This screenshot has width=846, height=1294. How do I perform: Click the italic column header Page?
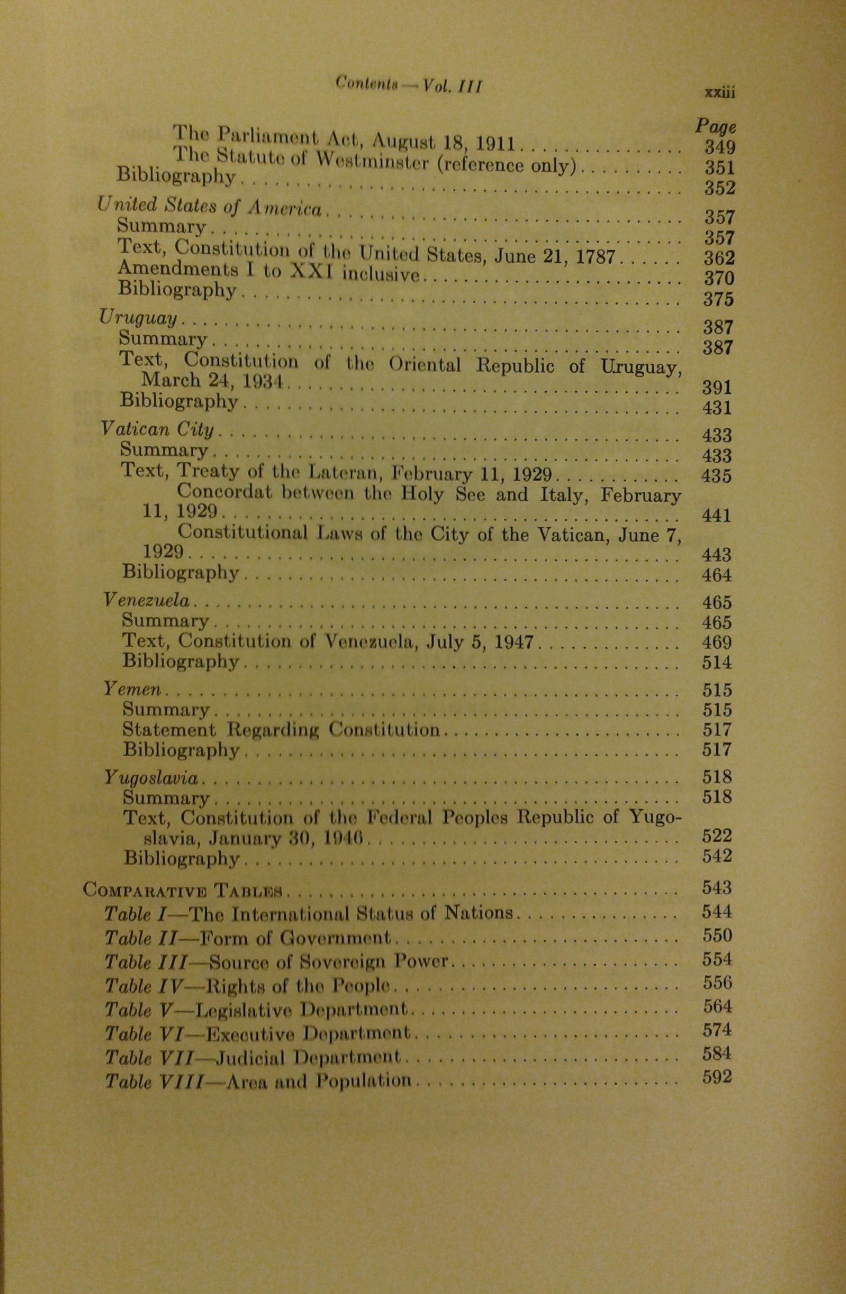click(715, 126)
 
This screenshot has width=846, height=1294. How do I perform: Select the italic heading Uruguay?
click(138, 318)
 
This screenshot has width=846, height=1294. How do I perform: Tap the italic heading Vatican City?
click(157, 429)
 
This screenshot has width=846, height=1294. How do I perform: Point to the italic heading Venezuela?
click(147, 600)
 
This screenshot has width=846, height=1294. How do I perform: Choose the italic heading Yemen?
click(132, 688)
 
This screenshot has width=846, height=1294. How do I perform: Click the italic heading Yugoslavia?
click(151, 778)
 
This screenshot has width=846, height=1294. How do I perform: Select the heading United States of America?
click(210, 207)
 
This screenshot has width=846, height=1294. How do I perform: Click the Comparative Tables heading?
click(185, 890)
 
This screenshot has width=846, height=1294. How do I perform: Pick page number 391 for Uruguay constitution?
click(717, 387)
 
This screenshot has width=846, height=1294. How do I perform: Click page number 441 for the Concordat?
click(716, 515)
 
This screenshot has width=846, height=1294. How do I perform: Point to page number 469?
click(717, 642)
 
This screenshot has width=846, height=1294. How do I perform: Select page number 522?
click(717, 836)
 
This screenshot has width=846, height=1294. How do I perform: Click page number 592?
click(717, 1077)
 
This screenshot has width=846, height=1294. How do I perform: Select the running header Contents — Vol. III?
click(408, 85)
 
